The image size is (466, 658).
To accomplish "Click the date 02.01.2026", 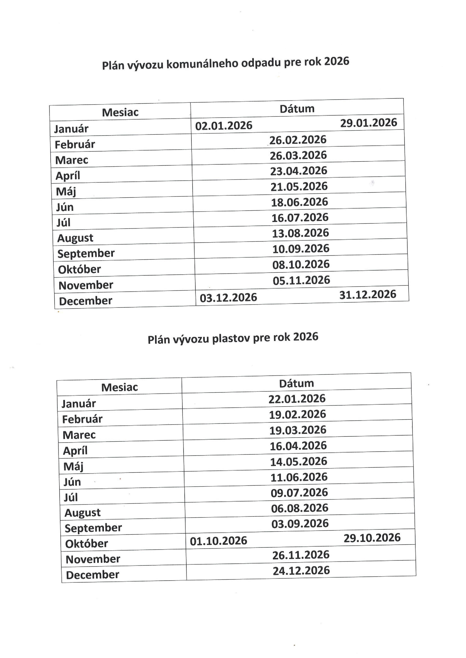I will tap(224, 126).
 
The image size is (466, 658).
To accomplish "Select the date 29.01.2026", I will tap(368, 123).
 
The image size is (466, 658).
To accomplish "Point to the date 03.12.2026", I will tap(228, 298).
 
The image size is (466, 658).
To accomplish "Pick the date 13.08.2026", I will tap(300, 233).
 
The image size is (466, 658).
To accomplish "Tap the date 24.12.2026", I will tap(301, 570).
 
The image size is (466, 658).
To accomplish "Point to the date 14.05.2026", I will tap(298, 461).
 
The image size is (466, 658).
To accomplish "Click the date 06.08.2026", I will tap(300, 508).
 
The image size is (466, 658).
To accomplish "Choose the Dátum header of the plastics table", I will tap(296, 383).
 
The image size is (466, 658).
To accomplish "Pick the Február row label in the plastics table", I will tap(82, 419).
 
